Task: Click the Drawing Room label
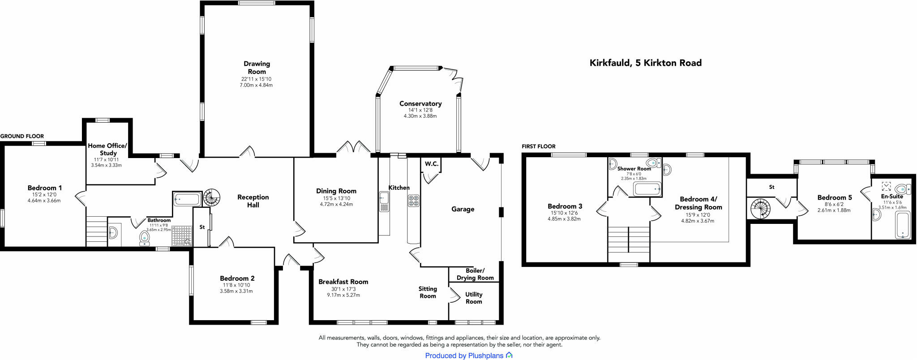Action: [257, 68]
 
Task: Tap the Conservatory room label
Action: [420, 103]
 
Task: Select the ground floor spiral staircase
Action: [212, 197]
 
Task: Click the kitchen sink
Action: [384, 201]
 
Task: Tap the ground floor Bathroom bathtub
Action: [187, 199]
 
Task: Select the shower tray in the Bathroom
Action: [182, 236]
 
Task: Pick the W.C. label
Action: [431, 164]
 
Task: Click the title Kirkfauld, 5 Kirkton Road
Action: [645, 63]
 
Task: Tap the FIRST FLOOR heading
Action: [538, 146]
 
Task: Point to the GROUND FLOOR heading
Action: [22, 136]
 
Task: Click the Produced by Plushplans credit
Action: [468, 356]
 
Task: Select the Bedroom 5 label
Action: [834, 197]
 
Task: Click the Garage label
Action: [463, 209]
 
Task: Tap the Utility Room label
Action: [474, 298]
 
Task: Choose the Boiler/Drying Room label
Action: [475, 274]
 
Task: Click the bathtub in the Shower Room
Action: [647, 189]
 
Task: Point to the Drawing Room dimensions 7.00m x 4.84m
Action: [256, 85]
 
